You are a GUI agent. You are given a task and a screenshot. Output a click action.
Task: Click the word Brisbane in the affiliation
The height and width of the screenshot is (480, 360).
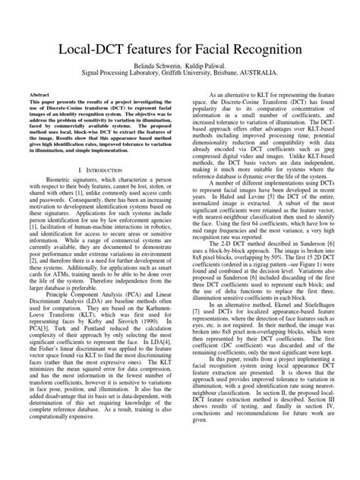(238, 75)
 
